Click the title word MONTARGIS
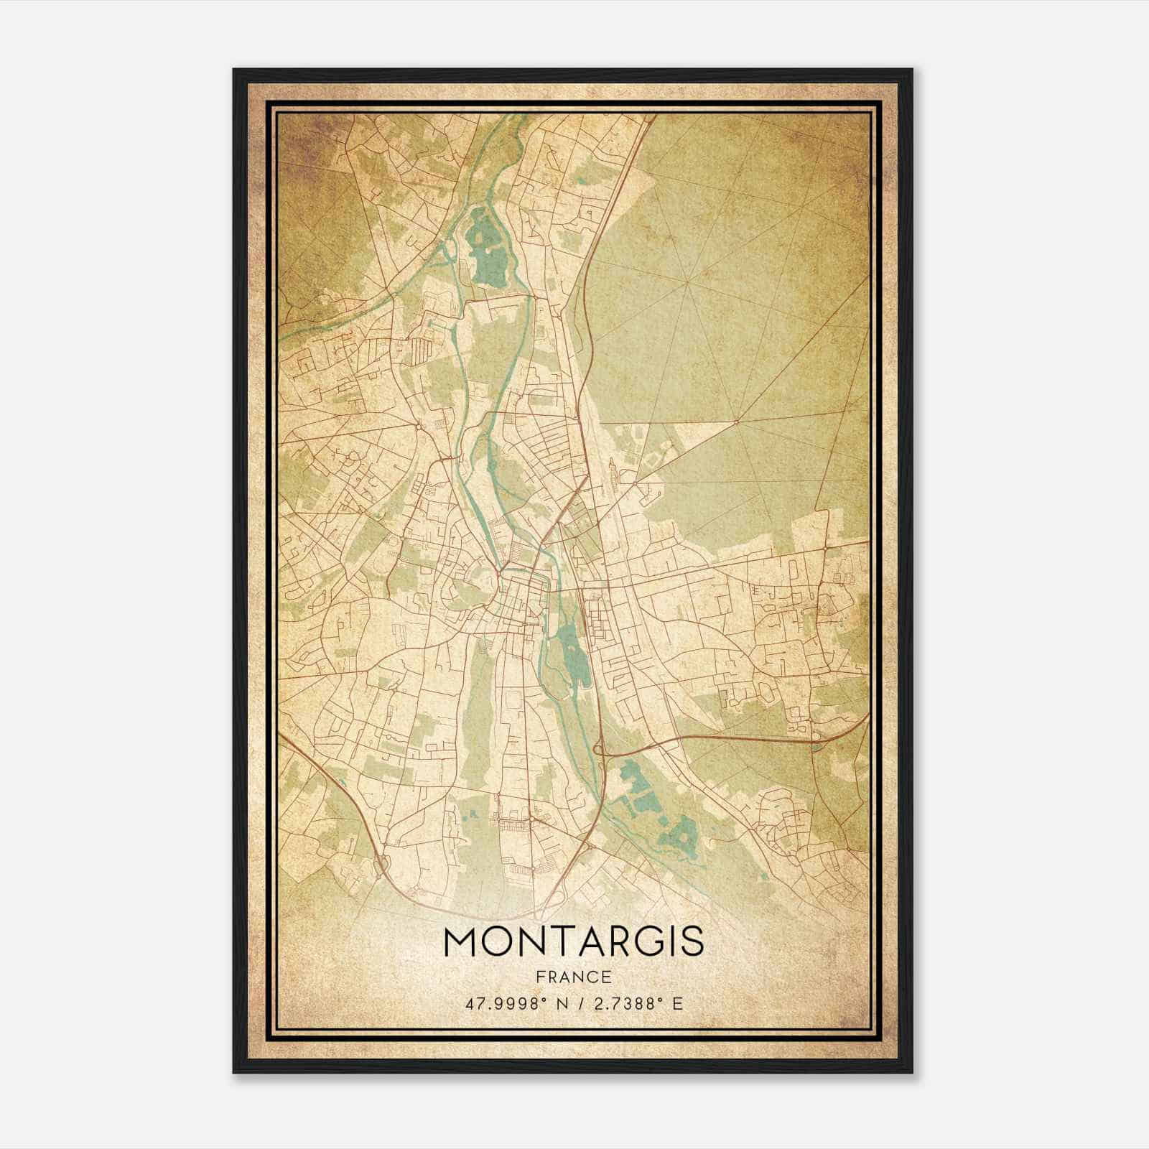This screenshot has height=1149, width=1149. pyautogui.click(x=574, y=942)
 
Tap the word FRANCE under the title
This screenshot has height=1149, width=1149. pyautogui.click(x=574, y=977)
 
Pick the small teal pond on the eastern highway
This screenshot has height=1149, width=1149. pyautogui.click(x=814, y=747)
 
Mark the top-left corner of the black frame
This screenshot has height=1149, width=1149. pyautogui.click(x=234, y=70)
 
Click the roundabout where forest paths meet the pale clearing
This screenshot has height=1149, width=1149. pyautogui.click(x=737, y=419)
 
